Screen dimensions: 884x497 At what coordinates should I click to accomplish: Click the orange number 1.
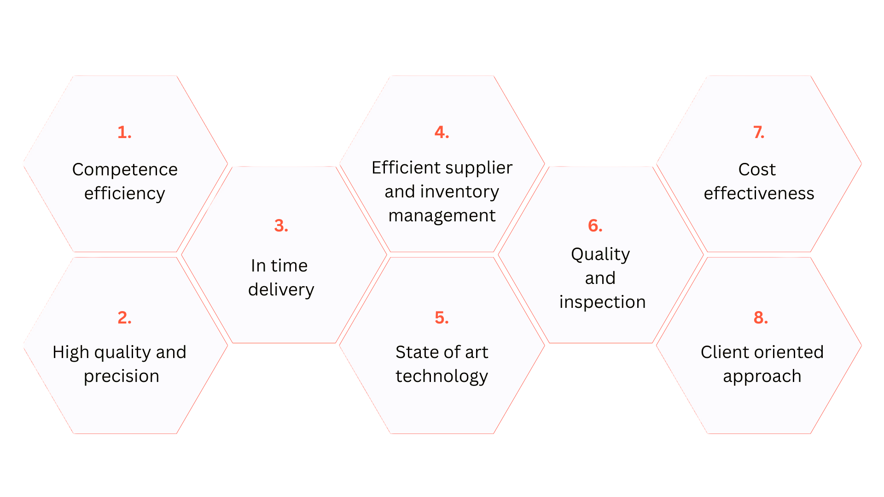coord(124,133)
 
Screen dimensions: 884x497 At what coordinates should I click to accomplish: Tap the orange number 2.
coord(124,318)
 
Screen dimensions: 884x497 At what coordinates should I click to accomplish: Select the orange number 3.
coord(281,226)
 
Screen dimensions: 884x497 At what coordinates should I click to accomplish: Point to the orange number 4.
coord(442,133)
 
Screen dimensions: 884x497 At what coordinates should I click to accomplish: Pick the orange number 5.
coord(442,318)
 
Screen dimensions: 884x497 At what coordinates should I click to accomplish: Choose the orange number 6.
coord(595,226)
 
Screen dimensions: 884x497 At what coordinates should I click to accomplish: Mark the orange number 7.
coord(759,133)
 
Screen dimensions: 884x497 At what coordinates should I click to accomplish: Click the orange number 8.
coord(761,318)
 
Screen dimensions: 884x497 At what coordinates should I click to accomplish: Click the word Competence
coord(125,169)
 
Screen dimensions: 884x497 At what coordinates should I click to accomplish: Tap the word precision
coord(122,377)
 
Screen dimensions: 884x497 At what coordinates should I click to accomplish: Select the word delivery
coord(281,289)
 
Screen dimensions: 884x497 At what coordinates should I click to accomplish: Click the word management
coord(442,216)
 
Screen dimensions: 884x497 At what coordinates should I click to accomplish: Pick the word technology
coord(442,377)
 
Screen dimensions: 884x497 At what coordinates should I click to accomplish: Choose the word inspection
coord(602,303)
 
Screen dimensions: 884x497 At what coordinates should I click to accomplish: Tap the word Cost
coord(757,169)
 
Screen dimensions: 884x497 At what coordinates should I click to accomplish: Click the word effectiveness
coord(759,193)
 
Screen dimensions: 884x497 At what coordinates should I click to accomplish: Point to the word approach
coord(762,377)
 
